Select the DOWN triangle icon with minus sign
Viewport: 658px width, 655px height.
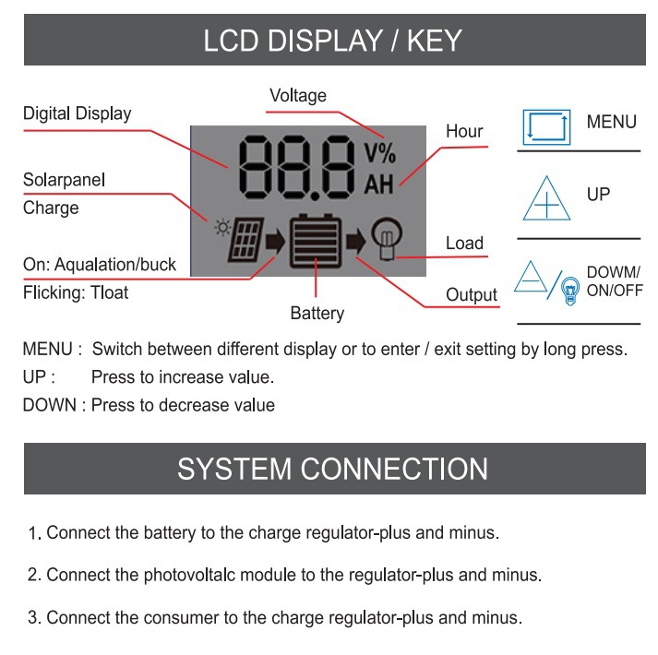tap(532, 278)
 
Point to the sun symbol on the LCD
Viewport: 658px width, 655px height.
tap(220, 225)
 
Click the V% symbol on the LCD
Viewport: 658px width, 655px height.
tap(378, 152)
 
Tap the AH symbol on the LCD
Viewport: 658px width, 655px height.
tap(378, 184)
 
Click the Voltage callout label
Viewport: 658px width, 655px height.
tap(297, 95)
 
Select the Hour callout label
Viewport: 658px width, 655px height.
tap(464, 131)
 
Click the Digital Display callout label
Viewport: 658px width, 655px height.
tap(77, 114)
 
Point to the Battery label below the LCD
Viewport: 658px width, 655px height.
tap(317, 314)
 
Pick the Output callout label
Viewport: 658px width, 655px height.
tap(471, 295)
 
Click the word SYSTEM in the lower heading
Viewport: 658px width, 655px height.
tap(234, 469)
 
